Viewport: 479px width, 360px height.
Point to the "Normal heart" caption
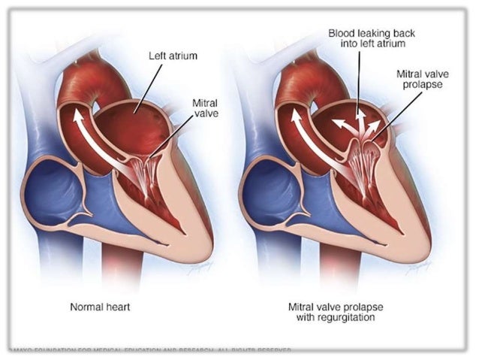click(100, 307)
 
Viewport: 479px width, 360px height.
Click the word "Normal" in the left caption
click(86, 307)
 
